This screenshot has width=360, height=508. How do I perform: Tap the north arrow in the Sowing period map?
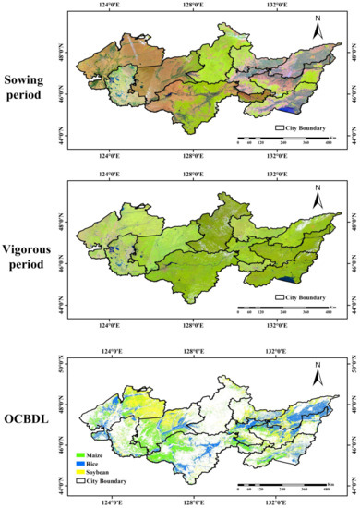(317, 32)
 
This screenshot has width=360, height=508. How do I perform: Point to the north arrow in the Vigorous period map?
(317, 198)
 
